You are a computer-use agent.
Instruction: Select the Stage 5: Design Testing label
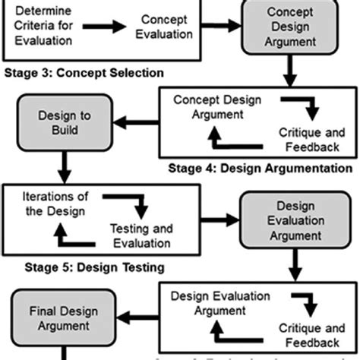point(84,267)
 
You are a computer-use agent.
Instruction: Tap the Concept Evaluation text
point(163,27)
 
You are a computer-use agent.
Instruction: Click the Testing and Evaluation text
point(140,235)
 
